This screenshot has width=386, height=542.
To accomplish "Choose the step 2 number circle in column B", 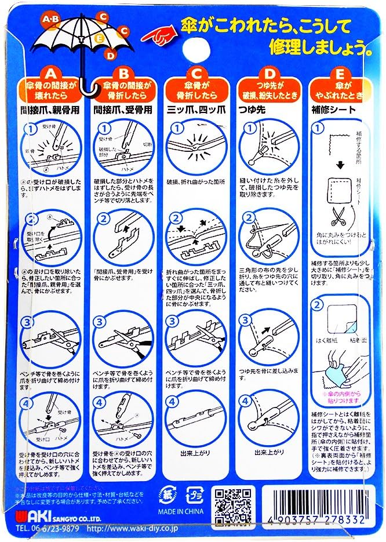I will [x=102, y=220].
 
